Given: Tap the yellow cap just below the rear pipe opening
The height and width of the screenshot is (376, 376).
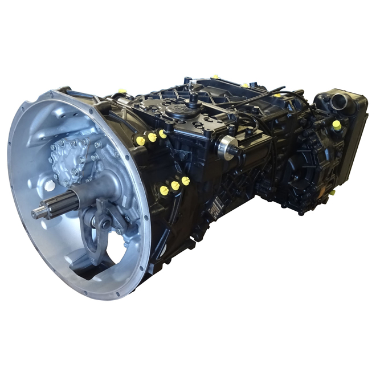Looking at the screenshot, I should point(337,125).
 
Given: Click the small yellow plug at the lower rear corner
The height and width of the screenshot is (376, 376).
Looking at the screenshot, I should point(331,193).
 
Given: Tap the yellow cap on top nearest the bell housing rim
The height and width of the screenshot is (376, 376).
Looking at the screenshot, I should point(122,91).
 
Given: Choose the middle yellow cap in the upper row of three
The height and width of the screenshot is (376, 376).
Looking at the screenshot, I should point(152,137).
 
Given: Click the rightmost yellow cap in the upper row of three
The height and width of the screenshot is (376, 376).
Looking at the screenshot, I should point(163,134).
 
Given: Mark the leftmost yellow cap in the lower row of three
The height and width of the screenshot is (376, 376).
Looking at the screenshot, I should point(164,190).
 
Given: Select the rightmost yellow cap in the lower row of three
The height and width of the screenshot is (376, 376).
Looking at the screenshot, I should point(186,181).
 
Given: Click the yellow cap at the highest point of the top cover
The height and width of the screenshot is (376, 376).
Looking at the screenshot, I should point(215,76).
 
